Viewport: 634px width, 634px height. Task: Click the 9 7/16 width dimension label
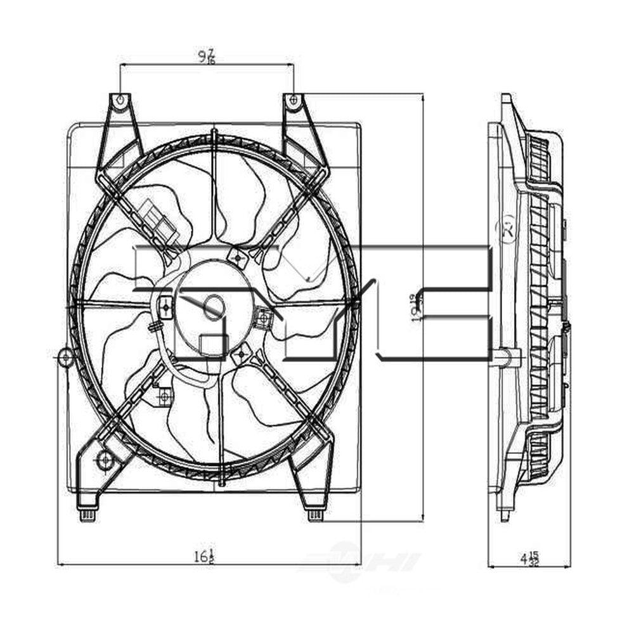[207, 58]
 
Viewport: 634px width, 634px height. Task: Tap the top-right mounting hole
[292, 100]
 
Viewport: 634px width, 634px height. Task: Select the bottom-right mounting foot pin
[314, 515]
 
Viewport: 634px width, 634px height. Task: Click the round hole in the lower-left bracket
[105, 461]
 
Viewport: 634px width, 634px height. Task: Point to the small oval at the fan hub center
[214, 308]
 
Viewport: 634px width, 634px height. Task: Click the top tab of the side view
[506, 100]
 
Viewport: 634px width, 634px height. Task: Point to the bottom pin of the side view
[505, 515]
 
